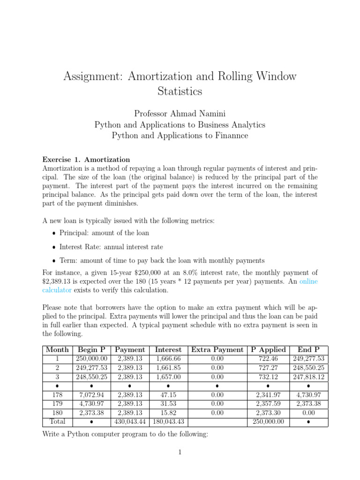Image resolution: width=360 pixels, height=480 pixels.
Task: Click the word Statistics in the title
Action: click(x=180, y=91)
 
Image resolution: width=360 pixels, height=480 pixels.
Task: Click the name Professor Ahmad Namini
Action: click(x=180, y=113)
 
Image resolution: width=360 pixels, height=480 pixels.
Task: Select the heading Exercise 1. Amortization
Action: click(x=86, y=159)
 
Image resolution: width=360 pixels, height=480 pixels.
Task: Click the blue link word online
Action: click(x=308, y=281)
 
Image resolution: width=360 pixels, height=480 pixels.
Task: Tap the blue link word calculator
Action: click(x=57, y=290)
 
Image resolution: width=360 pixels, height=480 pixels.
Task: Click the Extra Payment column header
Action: click(x=217, y=350)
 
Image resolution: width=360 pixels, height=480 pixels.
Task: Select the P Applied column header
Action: click(x=268, y=350)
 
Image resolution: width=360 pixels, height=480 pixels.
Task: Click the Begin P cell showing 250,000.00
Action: click(x=91, y=359)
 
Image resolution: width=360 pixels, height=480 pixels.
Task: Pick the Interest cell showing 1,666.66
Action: click(x=168, y=359)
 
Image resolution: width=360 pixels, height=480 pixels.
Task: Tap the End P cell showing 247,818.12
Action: click(x=308, y=376)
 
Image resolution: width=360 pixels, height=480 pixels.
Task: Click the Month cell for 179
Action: click(x=57, y=403)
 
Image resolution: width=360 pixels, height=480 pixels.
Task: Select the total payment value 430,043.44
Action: click(x=130, y=421)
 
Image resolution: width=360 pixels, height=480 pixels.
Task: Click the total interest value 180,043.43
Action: click(x=168, y=421)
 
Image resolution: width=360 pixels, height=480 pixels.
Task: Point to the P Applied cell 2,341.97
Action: click(x=268, y=394)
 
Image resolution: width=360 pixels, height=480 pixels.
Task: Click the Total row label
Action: click(x=57, y=421)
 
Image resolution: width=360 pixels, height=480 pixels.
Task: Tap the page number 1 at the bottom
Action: click(x=180, y=452)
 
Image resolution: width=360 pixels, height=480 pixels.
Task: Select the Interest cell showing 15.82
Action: click(x=168, y=412)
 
